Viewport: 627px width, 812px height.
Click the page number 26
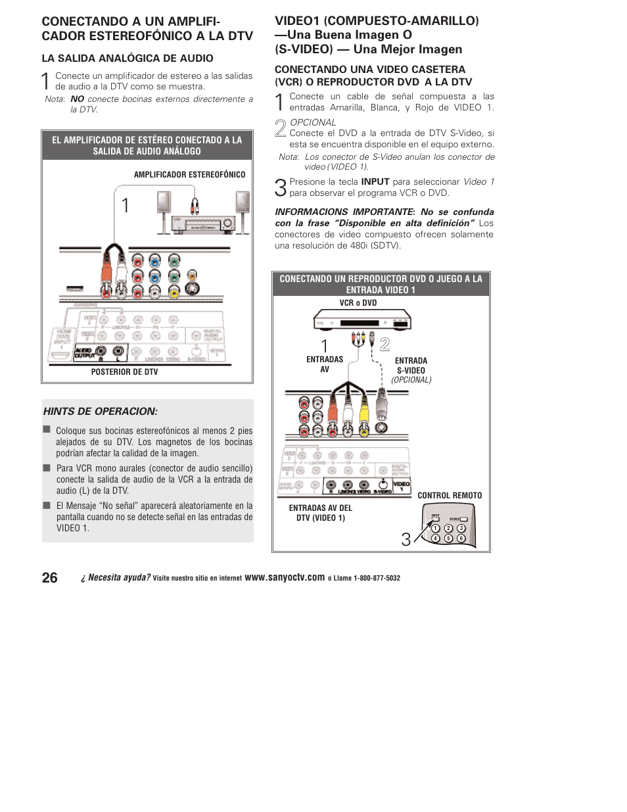[x=49, y=578]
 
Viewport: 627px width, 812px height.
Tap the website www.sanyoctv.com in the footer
[x=285, y=578]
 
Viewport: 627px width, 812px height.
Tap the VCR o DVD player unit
[x=362, y=321]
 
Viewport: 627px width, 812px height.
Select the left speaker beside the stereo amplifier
[x=164, y=203]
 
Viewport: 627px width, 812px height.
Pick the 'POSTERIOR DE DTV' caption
[x=124, y=372]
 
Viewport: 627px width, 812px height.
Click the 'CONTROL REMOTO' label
[x=450, y=496]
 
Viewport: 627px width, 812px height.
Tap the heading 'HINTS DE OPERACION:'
[x=101, y=412]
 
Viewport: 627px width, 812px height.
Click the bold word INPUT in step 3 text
[x=375, y=182]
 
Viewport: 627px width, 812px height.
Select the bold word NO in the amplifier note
[x=77, y=99]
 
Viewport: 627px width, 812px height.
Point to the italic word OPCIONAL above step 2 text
[x=313, y=123]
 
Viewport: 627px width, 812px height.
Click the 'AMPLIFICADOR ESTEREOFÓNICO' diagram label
[x=189, y=175]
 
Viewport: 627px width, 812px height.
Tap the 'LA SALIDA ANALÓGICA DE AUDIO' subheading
[x=128, y=59]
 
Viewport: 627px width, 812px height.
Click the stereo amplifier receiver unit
[x=203, y=224]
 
